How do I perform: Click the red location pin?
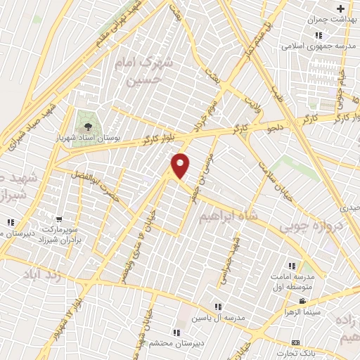(x=181, y=165)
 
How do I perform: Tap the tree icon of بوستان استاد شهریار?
(x=86, y=126)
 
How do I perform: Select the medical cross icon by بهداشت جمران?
(x=341, y=9)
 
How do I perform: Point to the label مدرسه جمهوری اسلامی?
(x=310, y=46)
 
